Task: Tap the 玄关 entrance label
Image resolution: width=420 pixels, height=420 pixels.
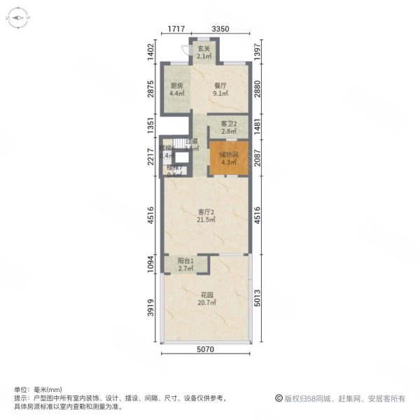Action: click(x=203, y=49)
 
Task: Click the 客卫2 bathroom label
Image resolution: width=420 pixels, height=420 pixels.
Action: click(x=227, y=124)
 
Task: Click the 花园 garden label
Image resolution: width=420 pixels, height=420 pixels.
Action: click(x=206, y=294)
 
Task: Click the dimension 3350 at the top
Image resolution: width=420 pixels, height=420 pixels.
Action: click(x=220, y=29)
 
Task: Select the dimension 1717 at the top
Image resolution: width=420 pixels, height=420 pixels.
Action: click(x=176, y=29)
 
